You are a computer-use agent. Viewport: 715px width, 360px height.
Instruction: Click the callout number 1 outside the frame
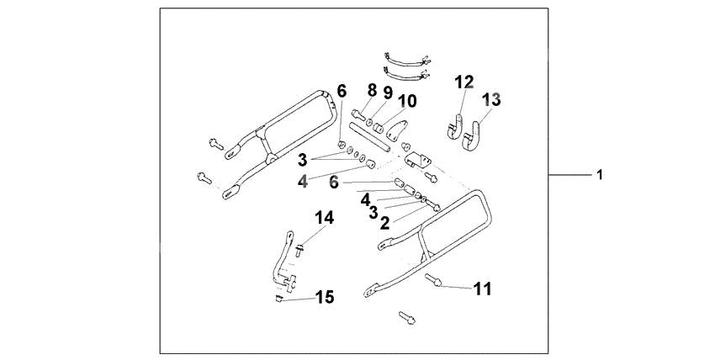[599, 176]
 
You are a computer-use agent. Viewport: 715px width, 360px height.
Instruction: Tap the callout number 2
[384, 223]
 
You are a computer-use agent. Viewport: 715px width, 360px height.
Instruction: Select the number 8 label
[371, 89]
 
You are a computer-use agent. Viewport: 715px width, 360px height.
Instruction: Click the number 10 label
[406, 102]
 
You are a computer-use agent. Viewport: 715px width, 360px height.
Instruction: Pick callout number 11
[481, 289]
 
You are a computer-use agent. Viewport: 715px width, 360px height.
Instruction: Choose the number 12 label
[464, 82]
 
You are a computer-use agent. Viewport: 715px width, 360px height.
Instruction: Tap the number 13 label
[491, 99]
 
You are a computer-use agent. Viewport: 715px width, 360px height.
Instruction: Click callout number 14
[325, 218]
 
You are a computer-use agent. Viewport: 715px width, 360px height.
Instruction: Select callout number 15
[324, 296]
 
